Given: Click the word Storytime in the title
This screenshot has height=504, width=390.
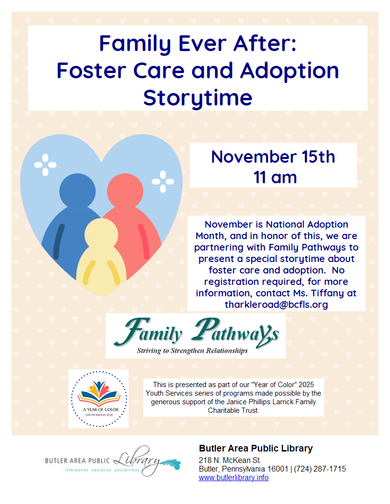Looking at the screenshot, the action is tap(197, 98).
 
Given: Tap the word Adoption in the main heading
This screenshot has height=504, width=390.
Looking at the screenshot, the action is tap(290, 71).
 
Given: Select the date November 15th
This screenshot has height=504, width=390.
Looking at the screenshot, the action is tap(273, 157).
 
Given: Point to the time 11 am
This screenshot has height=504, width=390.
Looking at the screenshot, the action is tap(275, 178).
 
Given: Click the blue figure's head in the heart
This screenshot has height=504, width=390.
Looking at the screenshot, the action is tap(77, 191).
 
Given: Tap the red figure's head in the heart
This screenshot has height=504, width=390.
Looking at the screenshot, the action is tap(125, 191).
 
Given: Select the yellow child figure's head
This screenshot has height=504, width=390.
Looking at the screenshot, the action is tap(101, 235).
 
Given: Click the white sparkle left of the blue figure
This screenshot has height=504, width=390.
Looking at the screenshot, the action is tap(45, 165).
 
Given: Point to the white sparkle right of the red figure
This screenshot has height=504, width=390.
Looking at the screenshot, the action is tap(163, 182).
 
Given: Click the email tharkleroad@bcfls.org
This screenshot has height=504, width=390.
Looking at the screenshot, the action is tap(276, 304).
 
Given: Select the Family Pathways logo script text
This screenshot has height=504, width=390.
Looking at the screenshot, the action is tap(196, 333).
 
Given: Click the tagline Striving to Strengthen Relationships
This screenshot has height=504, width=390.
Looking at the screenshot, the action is tap(192, 351).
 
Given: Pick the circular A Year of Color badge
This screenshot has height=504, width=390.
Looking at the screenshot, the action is tap(99, 399).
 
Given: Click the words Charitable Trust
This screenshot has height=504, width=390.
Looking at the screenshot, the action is tap(233, 410).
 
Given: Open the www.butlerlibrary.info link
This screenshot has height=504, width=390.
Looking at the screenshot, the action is tap(234, 478).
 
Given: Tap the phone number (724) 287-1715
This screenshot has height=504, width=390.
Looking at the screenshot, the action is tap(320, 469).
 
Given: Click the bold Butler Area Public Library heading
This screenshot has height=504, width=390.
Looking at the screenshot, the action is tap(256, 448).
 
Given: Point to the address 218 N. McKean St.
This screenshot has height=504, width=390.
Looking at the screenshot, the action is tap(230, 460).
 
